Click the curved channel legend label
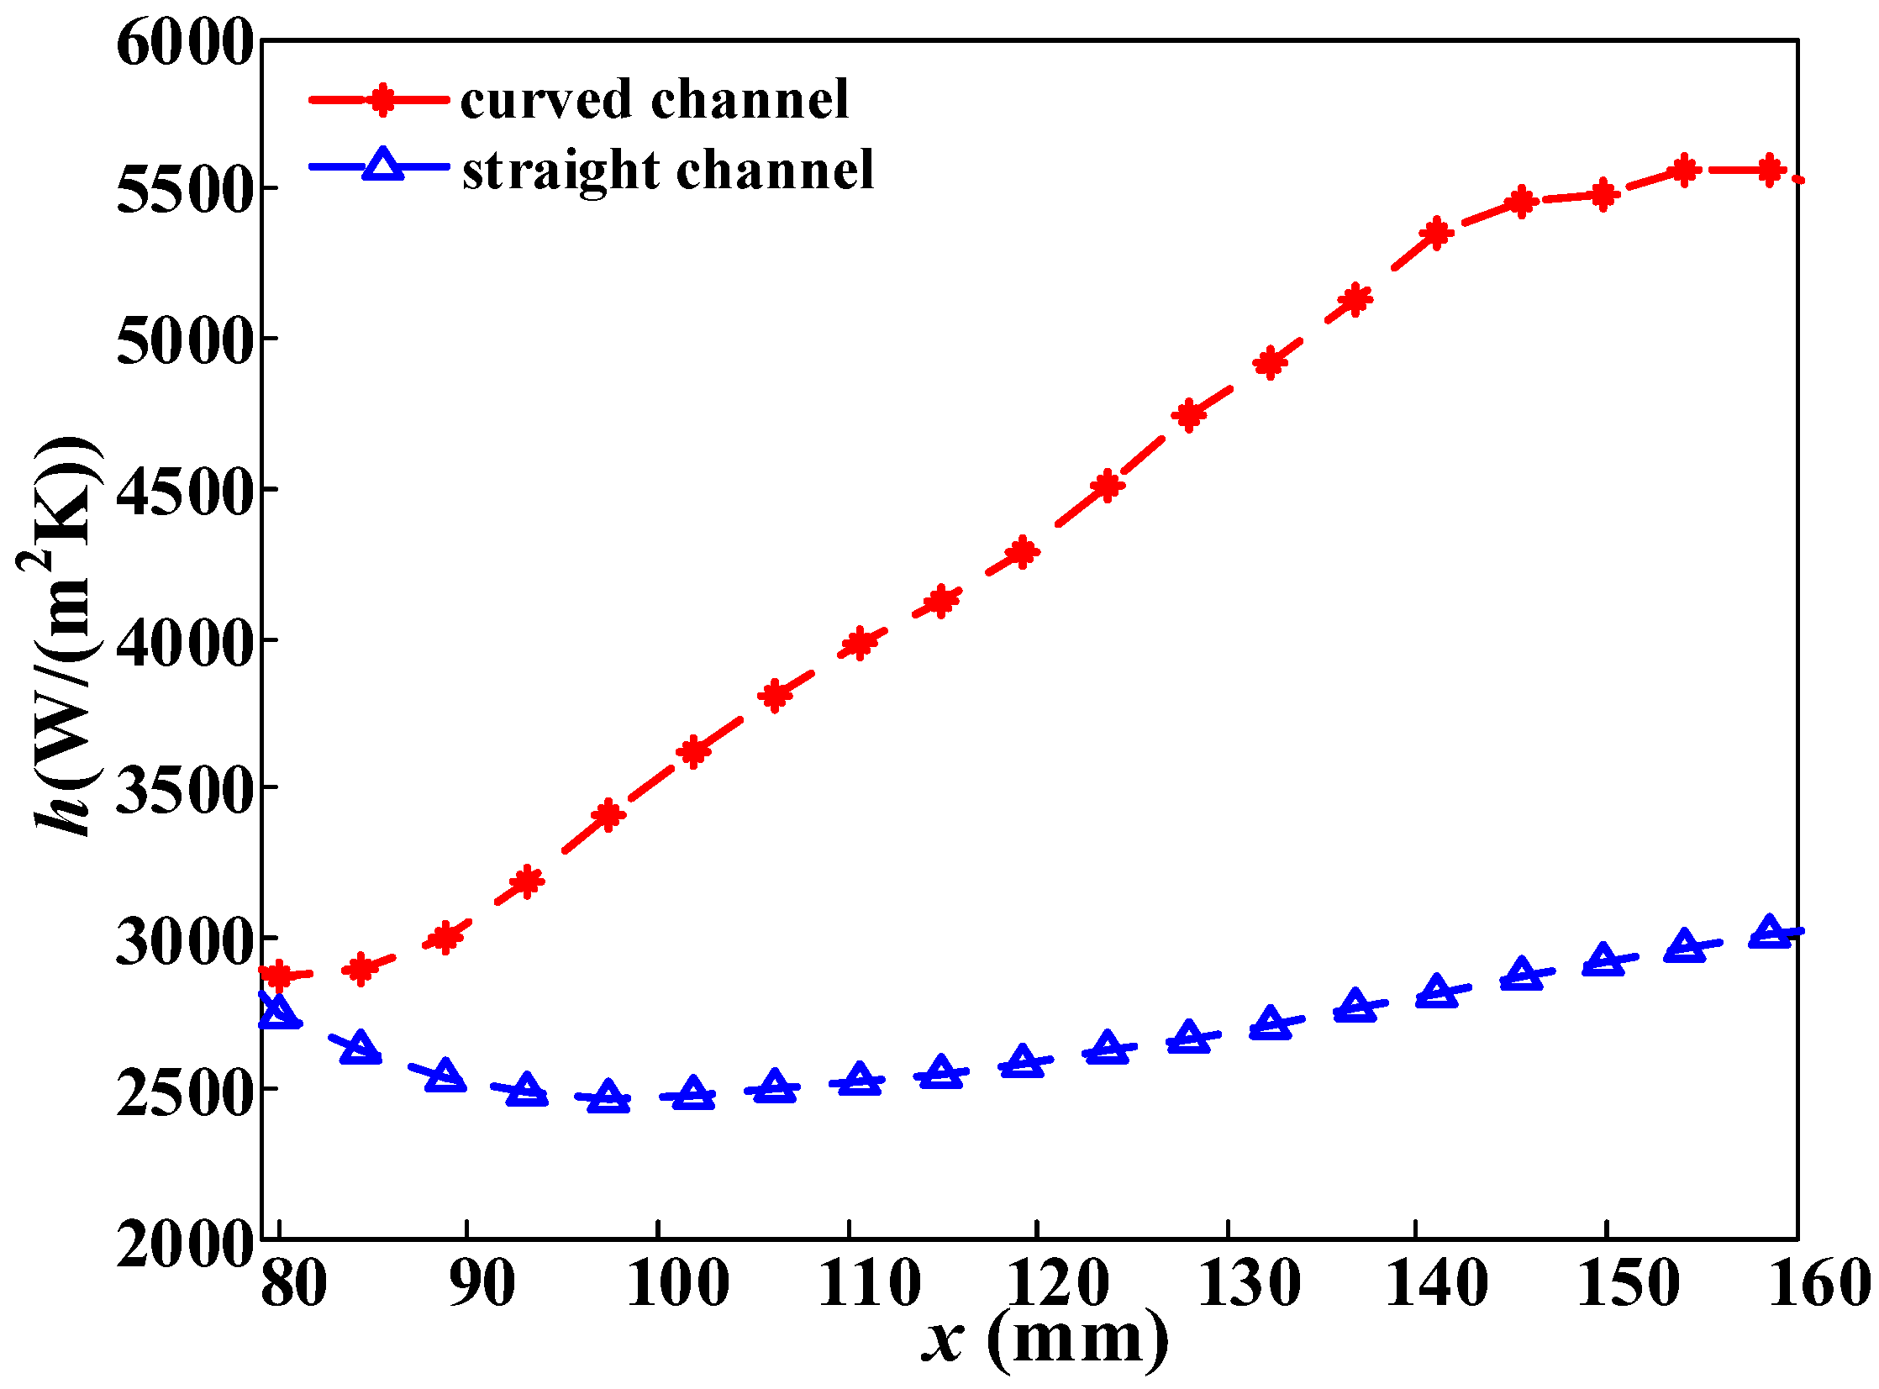pos(654,100)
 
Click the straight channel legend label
pos(668,170)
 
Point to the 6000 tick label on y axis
pos(184,42)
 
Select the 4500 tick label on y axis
pos(184,492)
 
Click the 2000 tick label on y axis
pos(184,1244)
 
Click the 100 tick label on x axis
pos(677,1284)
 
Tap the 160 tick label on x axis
pos(1819,1284)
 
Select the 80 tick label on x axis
pos(293,1284)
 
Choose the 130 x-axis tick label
pos(1250,1284)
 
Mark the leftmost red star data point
pos(278,976)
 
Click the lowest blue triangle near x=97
pos(608,1098)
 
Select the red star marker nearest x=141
pos(1437,233)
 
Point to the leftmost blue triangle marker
pos(279,1013)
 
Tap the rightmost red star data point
pos(1770,171)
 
